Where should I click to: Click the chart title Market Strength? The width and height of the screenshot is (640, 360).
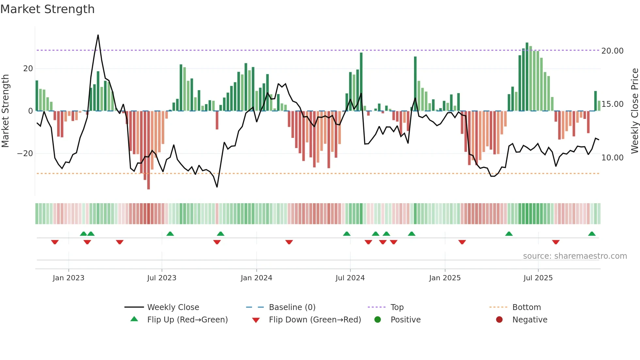(x=47, y=9)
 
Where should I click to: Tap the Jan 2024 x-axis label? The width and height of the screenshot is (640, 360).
(x=256, y=278)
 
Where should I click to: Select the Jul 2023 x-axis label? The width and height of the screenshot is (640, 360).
(x=162, y=278)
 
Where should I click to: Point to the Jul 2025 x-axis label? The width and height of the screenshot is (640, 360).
(x=538, y=278)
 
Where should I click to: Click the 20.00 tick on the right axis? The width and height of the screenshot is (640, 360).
(x=612, y=51)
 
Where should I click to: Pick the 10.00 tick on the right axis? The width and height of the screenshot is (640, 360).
(x=612, y=158)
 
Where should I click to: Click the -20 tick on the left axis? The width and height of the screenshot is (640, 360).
(x=25, y=154)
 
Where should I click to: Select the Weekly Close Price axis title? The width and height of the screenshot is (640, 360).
(x=634, y=111)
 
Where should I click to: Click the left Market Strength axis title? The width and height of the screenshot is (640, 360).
(x=6, y=111)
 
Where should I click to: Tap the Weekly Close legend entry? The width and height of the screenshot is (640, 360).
(x=173, y=307)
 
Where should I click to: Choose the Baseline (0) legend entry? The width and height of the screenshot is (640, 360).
(x=292, y=307)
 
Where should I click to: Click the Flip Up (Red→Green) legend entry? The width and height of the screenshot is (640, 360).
(x=187, y=320)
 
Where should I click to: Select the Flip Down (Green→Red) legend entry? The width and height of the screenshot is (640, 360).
(x=315, y=320)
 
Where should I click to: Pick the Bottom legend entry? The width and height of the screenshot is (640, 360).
(x=526, y=307)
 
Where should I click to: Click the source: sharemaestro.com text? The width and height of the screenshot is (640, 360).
(x=575, y=256)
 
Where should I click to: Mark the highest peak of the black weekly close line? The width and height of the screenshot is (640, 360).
(x=98, y=35)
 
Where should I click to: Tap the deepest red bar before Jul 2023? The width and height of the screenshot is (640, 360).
(x=149, y=150)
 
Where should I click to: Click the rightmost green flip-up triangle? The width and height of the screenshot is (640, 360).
(x=592, y=234)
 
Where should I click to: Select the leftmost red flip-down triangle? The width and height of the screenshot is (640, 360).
(x=55, y=242)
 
